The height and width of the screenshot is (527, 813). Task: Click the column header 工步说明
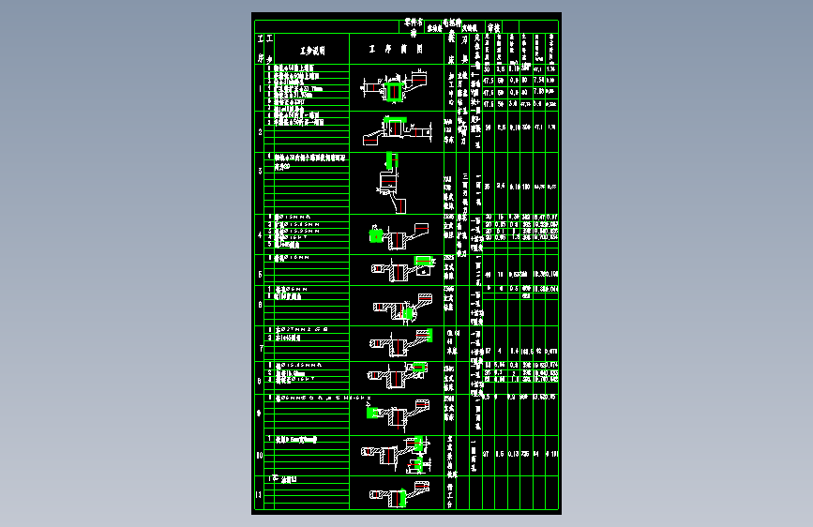311,51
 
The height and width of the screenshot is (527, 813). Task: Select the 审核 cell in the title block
493,28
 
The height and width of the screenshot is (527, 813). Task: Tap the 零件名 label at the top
414,20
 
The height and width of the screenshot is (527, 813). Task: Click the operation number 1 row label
260,91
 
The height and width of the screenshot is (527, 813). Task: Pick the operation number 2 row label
260,132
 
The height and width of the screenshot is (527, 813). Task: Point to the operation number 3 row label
260,171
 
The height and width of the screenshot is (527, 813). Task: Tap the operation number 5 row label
260,274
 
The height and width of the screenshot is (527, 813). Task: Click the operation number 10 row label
260,456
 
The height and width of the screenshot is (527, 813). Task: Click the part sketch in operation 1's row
394,90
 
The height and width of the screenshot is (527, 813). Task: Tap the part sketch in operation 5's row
396,272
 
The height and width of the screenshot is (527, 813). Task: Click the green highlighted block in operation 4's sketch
378,234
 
